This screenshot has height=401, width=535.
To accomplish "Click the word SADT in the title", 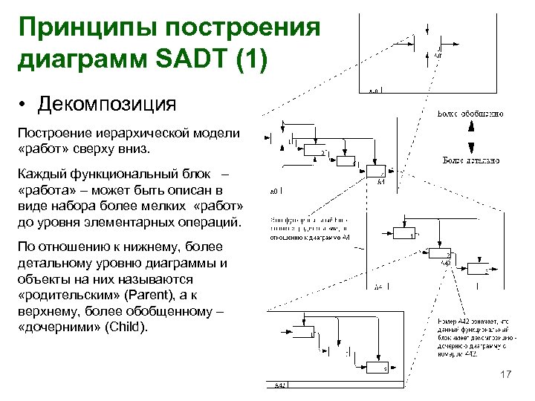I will (192, 58).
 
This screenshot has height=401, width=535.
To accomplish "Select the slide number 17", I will (506, 376).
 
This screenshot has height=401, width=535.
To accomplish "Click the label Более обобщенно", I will (470, 114).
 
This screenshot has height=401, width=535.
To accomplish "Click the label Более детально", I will (470, 160).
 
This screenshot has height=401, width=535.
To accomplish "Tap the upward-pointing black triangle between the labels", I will (470, 127).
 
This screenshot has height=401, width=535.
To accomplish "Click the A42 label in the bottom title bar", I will (281, 385).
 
